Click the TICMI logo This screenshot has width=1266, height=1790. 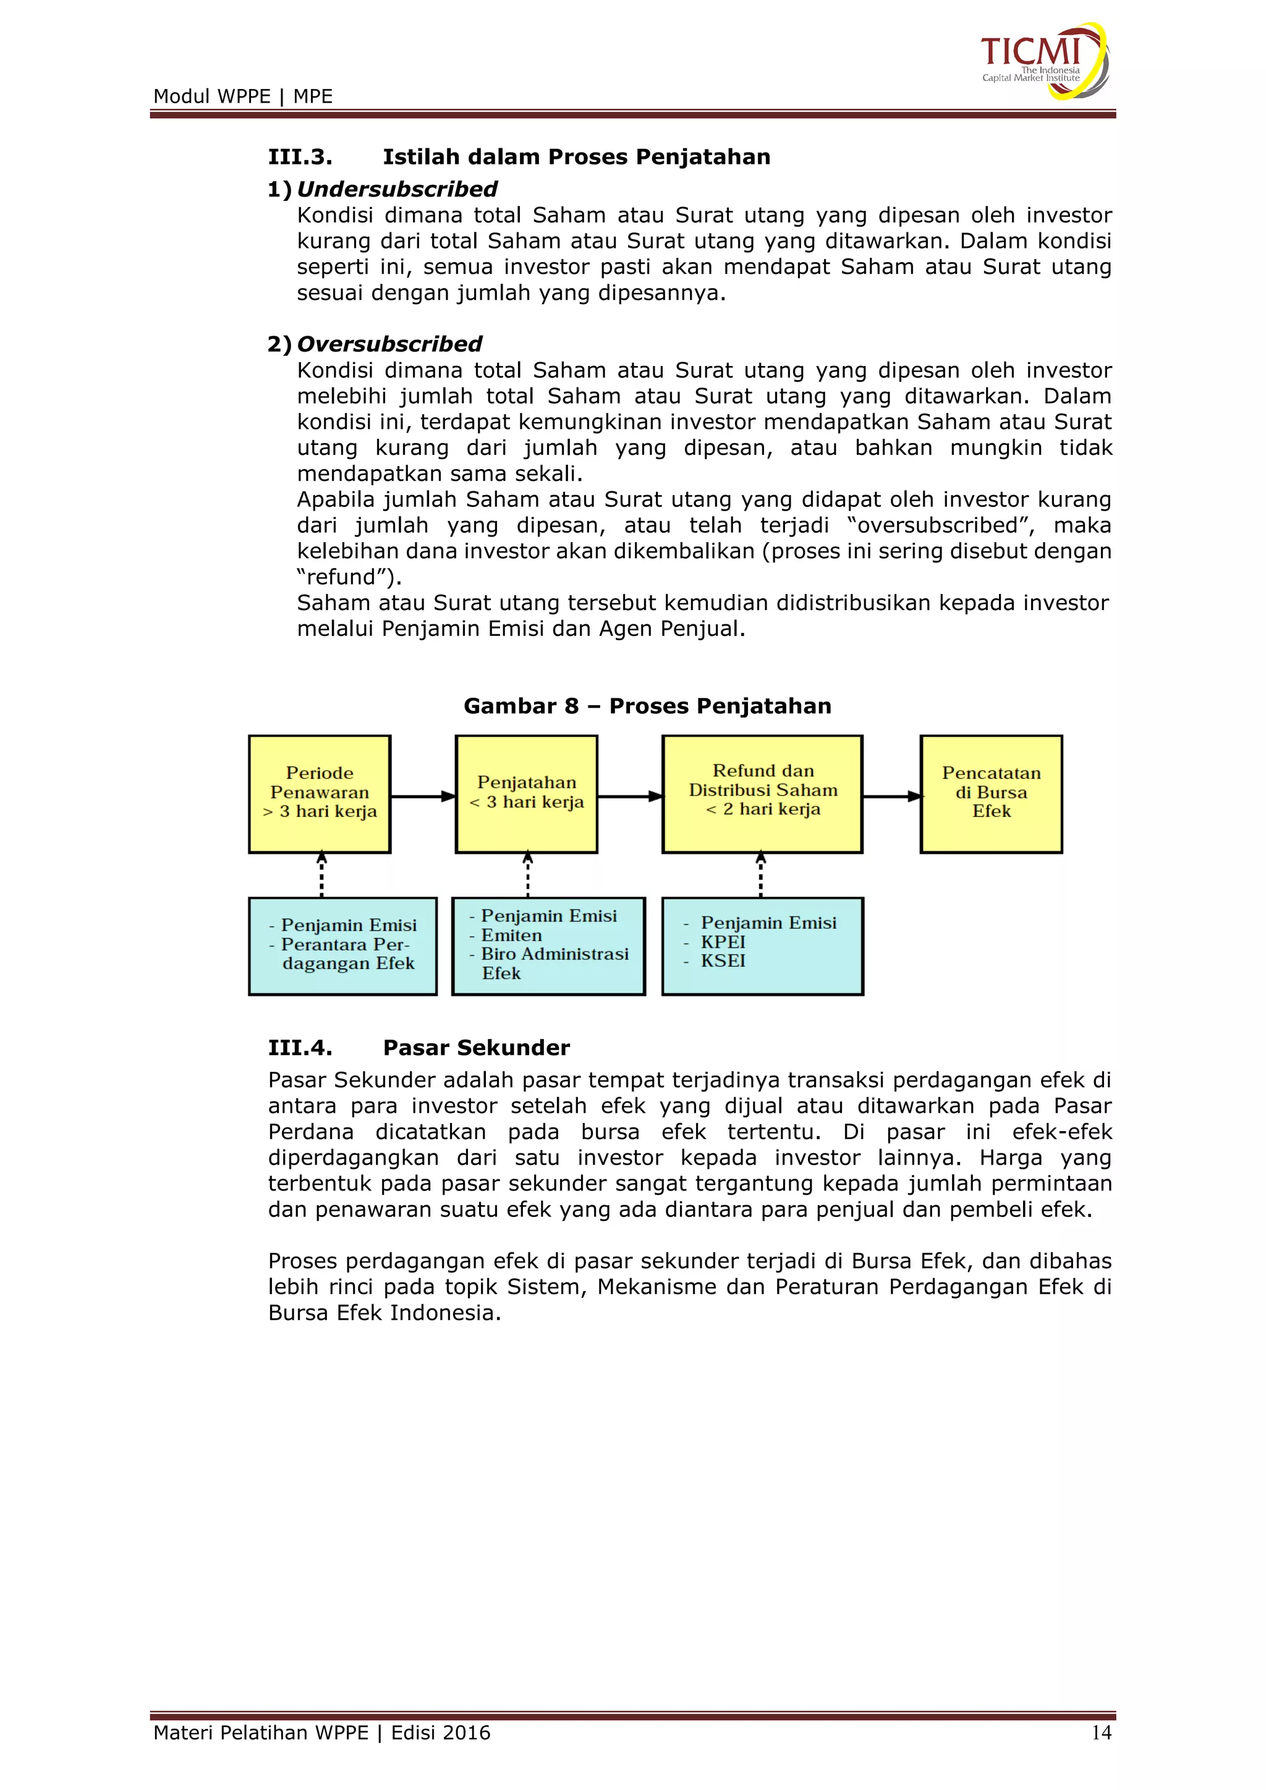point(1043,61)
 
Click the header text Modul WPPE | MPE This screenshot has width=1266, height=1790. point(242,96)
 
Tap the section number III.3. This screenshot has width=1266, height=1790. point(300,157)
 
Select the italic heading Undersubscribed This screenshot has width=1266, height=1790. point(397,190)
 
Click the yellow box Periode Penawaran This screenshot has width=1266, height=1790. point(320,794)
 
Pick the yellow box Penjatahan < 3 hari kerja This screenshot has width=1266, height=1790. point(526,794)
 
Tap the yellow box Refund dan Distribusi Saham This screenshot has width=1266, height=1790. point(762,794)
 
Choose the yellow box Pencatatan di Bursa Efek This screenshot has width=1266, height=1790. point(991,794)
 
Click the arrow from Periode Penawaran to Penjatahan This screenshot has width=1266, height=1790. point(423,796)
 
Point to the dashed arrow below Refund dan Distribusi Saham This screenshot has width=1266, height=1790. point(761,875)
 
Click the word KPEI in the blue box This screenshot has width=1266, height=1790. point(723,942)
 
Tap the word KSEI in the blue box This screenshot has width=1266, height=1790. point(723,961)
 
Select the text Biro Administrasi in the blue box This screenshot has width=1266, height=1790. point(554,954)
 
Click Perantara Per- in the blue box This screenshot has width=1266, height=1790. point(344,944)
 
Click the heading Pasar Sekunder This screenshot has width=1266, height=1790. point(477,1047)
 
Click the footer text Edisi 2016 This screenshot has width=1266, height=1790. point(441,1733)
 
